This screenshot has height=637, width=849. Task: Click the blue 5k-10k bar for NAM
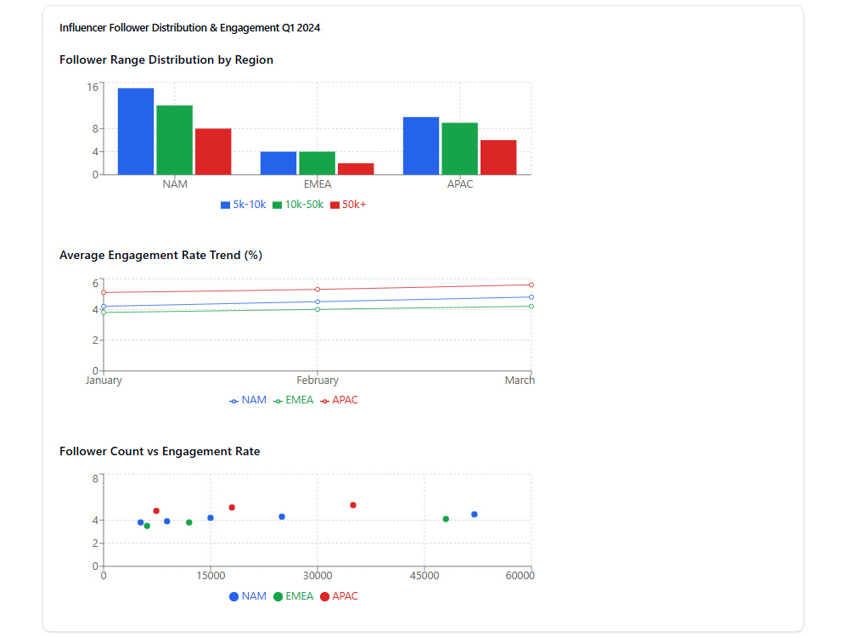coord(136,131)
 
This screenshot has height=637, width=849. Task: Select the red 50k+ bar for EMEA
coord(356,169)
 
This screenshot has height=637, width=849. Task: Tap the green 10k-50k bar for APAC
coord(459,149)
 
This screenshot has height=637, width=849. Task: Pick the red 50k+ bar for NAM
coord(213,152)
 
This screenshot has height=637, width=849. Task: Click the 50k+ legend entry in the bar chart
coord(348,205)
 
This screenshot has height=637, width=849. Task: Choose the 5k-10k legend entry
coord(244,205)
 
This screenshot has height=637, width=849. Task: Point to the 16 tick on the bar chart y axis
coord(93,87)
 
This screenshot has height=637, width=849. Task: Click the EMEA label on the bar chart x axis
coord(318,184)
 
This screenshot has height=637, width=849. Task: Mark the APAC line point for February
coord(318,290)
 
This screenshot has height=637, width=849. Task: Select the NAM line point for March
coord(531,296)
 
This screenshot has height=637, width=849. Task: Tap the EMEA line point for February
coord(318,309)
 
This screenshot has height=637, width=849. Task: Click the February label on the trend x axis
coord(318,381)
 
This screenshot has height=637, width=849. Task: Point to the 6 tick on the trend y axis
coord(95,284)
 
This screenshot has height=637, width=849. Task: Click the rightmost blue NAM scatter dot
coord(475,514)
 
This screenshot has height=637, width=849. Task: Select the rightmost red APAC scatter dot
coord(353,505)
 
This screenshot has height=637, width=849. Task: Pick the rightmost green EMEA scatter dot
coord(446,519)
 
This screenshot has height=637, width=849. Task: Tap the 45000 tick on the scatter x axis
coord(424,576)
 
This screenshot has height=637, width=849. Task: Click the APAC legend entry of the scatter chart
coord(339,596)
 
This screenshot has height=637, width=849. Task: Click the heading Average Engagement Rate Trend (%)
coord(160,255)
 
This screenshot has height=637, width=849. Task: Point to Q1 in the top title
coord(288,28)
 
